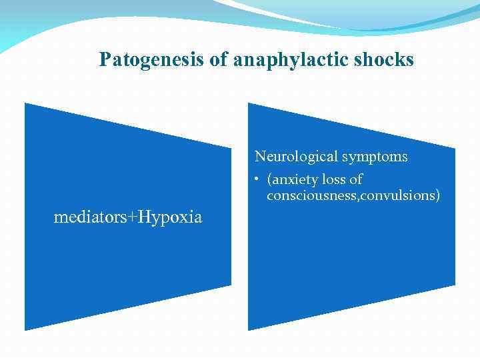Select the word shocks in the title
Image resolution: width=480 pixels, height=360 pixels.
(384, 60)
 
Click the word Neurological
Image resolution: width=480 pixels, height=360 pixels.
(297, 157)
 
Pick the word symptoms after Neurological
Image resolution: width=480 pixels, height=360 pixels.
(375, 157)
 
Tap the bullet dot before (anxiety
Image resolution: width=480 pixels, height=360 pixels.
(257, 180)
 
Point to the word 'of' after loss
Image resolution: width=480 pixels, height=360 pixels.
(356, 180)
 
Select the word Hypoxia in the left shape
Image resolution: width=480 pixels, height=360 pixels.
(171, 217)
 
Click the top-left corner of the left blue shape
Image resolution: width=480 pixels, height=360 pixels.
(25, 103)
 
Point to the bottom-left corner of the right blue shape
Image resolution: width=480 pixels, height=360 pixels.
(249, 329)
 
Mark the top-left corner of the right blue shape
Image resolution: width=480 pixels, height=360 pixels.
(249, 103)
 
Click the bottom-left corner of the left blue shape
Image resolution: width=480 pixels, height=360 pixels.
(25, 329)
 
